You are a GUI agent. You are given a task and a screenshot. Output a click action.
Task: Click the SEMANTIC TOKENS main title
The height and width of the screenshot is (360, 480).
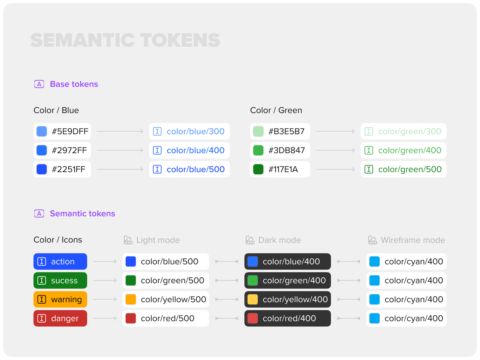tap(125, 40)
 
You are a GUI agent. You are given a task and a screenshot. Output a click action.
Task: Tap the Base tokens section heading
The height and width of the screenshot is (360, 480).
tap(74, 84)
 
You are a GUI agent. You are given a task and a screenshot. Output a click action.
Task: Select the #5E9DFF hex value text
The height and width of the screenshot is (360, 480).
tap(70, 131)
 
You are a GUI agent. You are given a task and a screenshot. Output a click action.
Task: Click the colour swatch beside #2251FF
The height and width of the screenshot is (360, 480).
tap(42, 169)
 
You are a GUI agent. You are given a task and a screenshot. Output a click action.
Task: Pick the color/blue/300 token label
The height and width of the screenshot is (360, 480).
tap(195, 131)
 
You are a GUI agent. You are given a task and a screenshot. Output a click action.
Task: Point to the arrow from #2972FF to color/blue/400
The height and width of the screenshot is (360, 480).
tap(120, 150)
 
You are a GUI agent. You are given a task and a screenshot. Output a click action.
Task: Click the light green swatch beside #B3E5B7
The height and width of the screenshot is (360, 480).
tap(258, 131)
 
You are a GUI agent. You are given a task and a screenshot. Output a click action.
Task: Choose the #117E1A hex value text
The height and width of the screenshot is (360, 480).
tap(283, 169)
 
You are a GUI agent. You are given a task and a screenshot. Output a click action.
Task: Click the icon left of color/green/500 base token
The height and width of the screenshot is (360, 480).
tap(369, 169)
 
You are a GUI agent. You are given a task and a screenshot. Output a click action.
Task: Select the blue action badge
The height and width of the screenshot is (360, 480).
tap(60, 262)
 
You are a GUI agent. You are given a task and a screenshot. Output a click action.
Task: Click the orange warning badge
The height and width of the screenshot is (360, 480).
tap(60, 299)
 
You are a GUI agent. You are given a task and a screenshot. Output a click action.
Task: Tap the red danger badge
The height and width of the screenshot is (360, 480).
tap(60, 318)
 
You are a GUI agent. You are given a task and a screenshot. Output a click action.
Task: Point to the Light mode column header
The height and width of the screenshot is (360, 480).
tap(152, 240)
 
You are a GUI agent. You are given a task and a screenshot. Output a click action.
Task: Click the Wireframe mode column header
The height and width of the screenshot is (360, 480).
tap(407, 240)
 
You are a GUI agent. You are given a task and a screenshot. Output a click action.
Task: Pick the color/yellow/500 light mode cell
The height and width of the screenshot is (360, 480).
tap(166, 299)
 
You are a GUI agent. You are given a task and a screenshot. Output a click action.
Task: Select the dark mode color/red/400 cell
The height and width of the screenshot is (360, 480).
tap(288, 318)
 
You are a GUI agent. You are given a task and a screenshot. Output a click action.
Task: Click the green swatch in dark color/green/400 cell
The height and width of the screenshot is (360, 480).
tap(253, 281)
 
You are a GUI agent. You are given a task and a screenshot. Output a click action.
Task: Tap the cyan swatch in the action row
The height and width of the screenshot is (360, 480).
tap(375, 262)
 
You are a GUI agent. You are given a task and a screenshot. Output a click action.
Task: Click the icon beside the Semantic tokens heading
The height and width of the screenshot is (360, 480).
tap(39, 213)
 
